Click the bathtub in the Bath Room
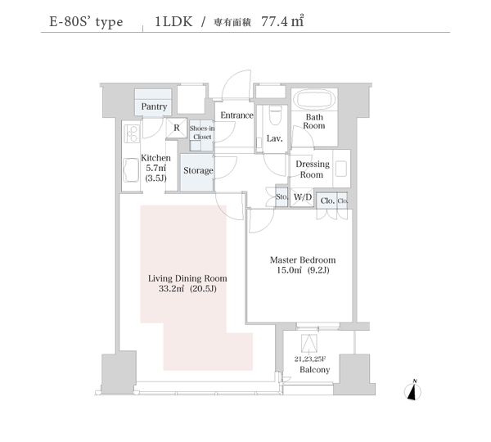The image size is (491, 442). point(314,100)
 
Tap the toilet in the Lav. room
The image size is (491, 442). point(276,115)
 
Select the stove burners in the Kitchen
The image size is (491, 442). point(131,133)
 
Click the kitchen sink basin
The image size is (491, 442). point(131,169)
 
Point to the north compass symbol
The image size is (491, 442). point(412,390)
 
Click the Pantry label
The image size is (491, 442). point(154,106)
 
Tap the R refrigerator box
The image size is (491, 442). point(177,128)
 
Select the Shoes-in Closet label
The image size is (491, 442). point(202,133)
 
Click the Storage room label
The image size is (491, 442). point(198,171)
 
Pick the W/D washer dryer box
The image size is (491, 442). point(302,197)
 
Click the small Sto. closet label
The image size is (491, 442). point(282,196)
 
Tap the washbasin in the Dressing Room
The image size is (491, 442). point(341,169)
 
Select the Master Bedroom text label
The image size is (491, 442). point(303,260)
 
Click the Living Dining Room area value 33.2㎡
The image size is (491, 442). point(171,288)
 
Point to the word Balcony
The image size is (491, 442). point(315,370)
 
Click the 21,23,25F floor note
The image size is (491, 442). point(310,359)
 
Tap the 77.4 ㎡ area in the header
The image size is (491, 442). point(282,21)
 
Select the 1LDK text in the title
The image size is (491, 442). point(173,21)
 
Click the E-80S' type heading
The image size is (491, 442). point(86,22)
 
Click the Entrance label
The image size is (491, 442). point(236,115)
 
